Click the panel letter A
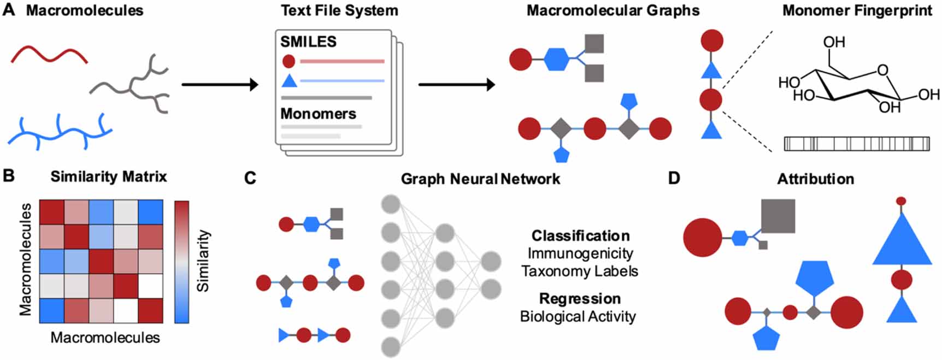click(9, 10)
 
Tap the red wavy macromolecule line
click(49, 54)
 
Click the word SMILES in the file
click(308, 42)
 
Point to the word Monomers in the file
click(318, 114)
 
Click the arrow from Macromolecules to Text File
click(219, 85)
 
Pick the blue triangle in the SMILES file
click(289, 81)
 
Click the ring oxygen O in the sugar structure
click(882, 70)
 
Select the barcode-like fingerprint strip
click(856, 144)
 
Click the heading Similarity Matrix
click(109, 176)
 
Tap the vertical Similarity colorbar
click(181, 262)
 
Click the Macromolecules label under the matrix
click(105, 338)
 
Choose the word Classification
click(580, 235)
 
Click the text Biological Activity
click(578, 316)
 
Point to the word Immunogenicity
click(580, 253)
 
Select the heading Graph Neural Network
click(480, 179)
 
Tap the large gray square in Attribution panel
click(778, 216)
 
